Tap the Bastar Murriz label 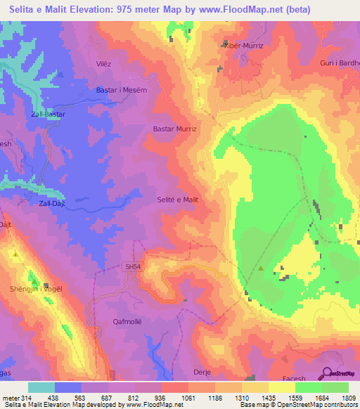coord(175,129)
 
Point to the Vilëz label coord(104,63)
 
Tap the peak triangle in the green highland coord(261,268)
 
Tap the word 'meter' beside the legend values coord(11,397)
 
